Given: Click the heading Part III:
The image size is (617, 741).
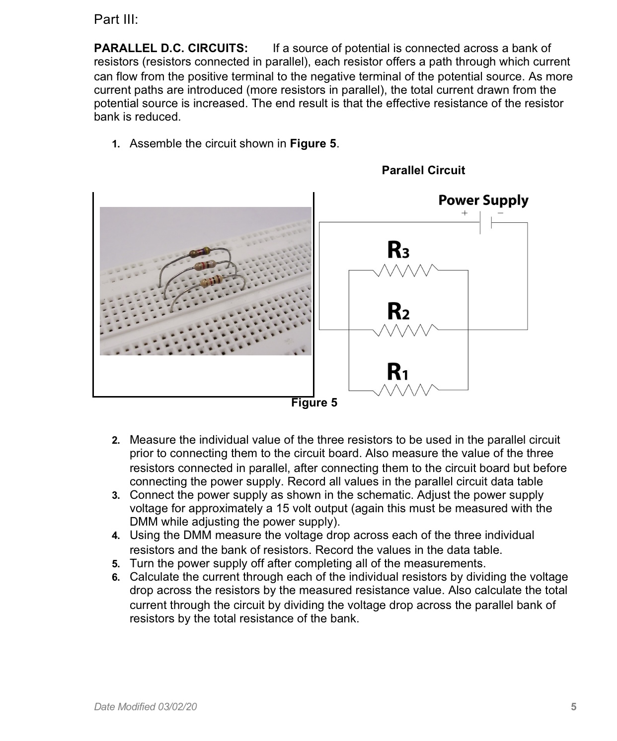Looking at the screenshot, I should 116,20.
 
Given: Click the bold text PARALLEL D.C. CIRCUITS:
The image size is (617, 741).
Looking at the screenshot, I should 170,49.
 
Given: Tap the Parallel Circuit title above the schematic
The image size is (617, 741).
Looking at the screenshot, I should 423,170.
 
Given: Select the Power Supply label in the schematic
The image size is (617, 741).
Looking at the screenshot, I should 483,201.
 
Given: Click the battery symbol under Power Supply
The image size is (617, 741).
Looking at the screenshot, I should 485,223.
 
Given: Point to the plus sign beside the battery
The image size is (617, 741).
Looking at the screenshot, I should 464,213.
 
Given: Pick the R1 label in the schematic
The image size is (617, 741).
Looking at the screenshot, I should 398,371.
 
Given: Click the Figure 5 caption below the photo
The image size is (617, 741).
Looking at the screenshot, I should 314,403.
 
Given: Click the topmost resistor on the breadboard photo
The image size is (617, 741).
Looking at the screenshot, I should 201,252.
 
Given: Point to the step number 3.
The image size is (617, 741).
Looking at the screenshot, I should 115,496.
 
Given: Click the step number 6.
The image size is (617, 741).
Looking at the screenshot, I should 115,578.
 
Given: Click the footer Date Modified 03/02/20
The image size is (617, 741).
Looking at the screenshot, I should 145,707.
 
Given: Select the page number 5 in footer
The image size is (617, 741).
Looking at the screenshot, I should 573,707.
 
